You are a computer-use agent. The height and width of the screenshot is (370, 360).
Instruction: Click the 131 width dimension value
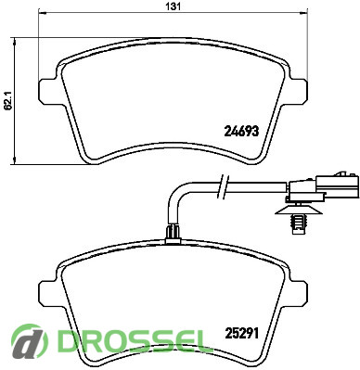coord(174,6)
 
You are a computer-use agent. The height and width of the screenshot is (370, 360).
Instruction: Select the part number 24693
coord(241,132)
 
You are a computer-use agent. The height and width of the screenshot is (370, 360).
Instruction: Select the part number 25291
coord(241,334)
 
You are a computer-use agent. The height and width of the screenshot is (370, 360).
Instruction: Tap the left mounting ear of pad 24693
coord(47,91)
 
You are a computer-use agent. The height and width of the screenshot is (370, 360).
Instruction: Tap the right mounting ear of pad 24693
coord(299,91)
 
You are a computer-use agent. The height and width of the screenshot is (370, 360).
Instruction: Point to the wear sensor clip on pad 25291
coord(173,235)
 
